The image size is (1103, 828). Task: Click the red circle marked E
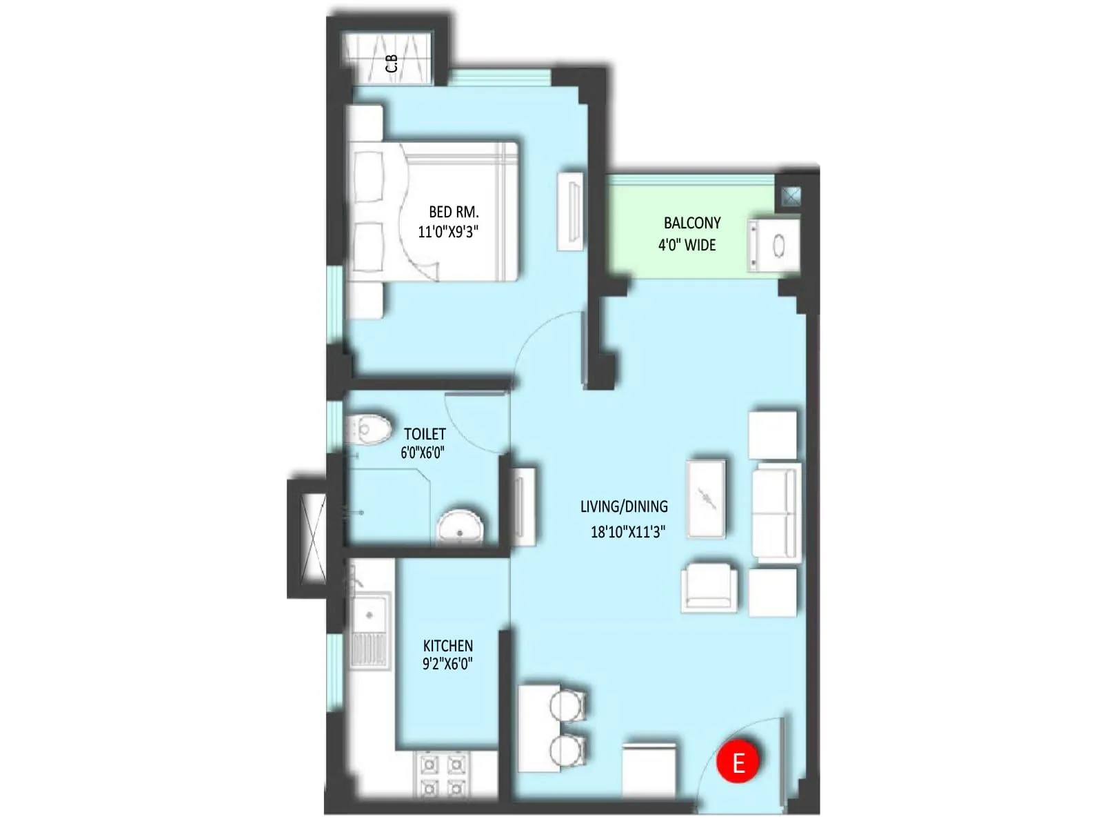coord(738,762)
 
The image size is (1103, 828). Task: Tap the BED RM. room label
coord(453,212)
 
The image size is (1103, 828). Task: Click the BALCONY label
coord(692,223)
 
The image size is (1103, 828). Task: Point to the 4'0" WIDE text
coord(687,245)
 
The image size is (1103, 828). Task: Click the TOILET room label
coord(425,434)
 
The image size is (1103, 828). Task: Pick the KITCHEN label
coord(447,646)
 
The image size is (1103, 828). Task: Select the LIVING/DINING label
coord(624,506)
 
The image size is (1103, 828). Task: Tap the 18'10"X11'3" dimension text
coord(628,531)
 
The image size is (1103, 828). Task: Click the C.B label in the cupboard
coord(392,63)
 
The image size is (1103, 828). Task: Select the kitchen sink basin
coord(371,614)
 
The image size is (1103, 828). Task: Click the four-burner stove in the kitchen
coord(442,776)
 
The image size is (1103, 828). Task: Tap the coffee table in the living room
coord(706,497)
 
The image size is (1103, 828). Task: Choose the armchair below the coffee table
coord(708,588)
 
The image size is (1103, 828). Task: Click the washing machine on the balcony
coord(774,245)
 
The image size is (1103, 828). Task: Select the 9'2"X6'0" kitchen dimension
coord(447,664)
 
